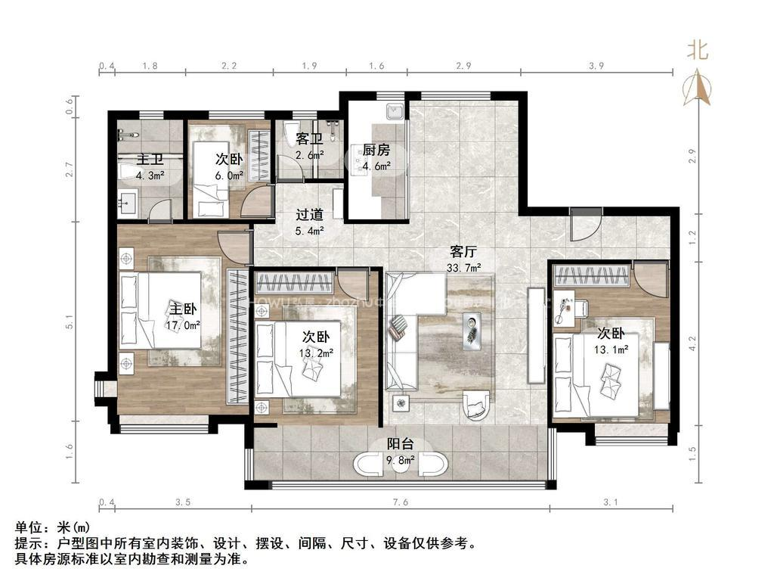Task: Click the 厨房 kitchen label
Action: coord(376,149)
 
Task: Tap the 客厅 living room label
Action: coord(463,250)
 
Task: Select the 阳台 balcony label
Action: coord(400,446)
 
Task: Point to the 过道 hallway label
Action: coord(309,215)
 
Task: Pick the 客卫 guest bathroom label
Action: coord(309,139)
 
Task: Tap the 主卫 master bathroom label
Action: coord(150,160)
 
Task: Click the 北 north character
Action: coord(697,51)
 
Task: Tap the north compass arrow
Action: coord(697,87)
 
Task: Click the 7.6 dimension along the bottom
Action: coord(401,502)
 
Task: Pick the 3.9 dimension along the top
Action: coord(596,66)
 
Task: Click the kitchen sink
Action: coord(393,113)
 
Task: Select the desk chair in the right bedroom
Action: coord(579,307)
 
